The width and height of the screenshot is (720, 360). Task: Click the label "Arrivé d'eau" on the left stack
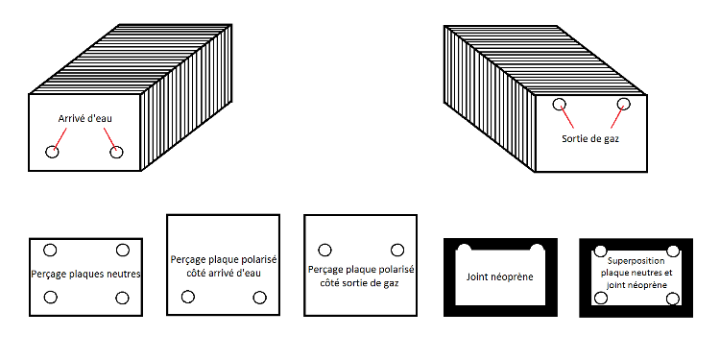[84, 118]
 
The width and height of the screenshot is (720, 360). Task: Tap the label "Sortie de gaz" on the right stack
[590, 138]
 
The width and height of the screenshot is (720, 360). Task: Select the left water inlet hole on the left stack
[53, 152]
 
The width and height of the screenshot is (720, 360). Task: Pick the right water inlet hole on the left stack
[116, 152]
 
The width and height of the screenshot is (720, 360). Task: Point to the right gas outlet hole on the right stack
[623, 105]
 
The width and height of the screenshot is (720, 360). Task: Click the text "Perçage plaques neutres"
[85, 275]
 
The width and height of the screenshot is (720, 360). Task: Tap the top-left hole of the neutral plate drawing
[50, 251]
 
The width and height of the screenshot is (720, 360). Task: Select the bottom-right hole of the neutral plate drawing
[122, 298]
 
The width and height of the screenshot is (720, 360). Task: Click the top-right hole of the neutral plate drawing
[123, 251]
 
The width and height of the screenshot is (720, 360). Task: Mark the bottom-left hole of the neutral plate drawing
[51, 297]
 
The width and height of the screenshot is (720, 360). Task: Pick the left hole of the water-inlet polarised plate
[188, 297]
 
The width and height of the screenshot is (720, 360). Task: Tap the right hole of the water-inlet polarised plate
[259, 298]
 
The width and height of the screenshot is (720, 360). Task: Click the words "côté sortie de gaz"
[360, 284]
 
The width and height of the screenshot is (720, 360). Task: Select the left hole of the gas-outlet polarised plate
[324, 251]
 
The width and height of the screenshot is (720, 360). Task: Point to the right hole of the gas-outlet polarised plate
[397, 251]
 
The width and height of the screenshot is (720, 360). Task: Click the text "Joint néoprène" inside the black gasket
[500, 277]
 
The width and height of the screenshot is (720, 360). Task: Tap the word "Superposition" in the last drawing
[636, 261]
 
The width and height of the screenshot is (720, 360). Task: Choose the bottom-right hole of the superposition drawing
[673, 300]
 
